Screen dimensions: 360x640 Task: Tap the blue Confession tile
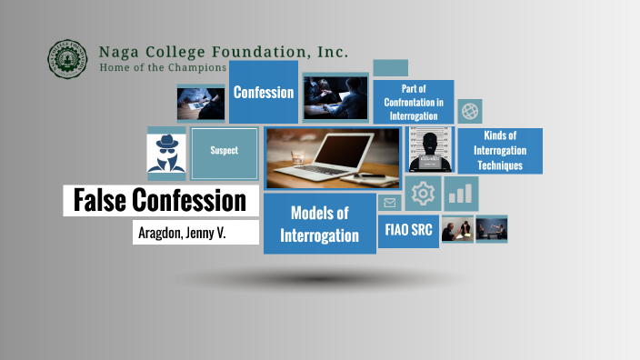263,92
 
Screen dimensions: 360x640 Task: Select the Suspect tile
225,151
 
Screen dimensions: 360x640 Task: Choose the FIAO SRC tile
408,229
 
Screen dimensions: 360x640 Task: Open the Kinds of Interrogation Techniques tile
500,151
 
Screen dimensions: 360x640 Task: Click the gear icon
422,194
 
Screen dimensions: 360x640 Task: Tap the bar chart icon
462,194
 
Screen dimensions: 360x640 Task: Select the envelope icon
390,203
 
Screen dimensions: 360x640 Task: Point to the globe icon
470,111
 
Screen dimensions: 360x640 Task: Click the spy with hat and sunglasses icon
166,151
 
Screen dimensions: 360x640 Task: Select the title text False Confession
160,200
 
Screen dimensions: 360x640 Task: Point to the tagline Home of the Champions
163,67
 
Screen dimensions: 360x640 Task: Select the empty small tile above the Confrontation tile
390,68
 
